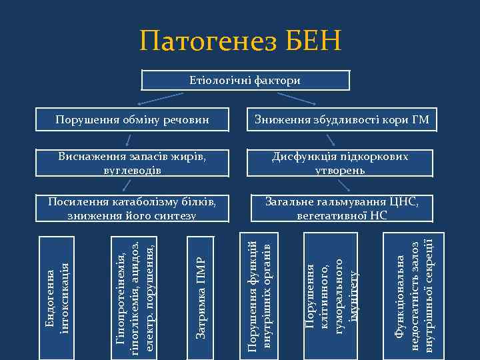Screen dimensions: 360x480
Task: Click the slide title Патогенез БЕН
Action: point(240,41)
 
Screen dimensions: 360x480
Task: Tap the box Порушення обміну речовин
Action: point(132,121)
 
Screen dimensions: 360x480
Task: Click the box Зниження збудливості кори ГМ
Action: point(341,121)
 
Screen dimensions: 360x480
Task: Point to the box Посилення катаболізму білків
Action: point(131,208)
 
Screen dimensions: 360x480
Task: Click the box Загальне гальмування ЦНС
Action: point(341,208)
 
